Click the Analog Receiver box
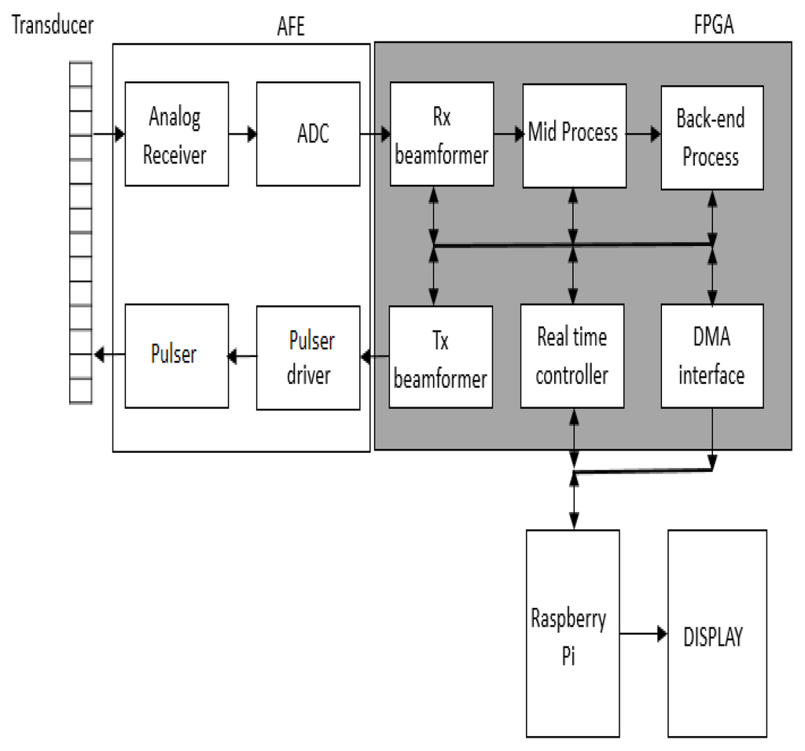point(177,134)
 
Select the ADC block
point(308,134)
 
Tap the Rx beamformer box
point(442,134)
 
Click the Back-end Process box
point(711,137)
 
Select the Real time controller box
point(572,356)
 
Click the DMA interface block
point(712,356)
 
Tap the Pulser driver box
point(308,358)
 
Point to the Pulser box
point(177,355)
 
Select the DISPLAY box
point(716,632)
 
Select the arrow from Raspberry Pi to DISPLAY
point(643,632)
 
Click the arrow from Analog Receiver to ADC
point(242,134)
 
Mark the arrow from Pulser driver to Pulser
point(241,357)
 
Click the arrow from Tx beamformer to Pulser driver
point(374,357)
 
